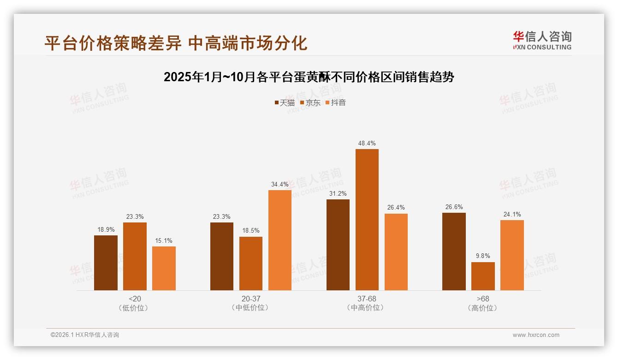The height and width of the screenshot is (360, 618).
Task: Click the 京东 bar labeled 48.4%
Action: (x=367, y=220)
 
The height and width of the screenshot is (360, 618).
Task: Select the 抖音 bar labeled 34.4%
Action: (x=280, y=240)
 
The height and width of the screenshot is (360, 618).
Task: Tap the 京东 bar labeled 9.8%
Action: (x=483, y=276)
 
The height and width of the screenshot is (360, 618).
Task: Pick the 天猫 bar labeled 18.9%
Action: (x=106, y=263)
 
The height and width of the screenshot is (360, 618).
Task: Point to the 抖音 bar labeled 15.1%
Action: (x=164, y=268)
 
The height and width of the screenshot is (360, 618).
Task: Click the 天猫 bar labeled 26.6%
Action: (x=454, y=252)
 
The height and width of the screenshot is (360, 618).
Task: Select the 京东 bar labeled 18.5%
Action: (x=251, y=264)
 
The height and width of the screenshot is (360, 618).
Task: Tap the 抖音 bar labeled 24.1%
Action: (x=512, y=255)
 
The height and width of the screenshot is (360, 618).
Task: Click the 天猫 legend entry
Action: (x=284, y=102)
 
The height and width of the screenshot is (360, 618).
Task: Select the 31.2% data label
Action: (x=338, y=193)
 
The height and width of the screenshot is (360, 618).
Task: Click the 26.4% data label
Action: (x=396, y=207)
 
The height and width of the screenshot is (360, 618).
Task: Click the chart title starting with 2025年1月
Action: (x=309, y=77)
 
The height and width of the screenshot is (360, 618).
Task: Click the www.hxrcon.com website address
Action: (x=536, y=335)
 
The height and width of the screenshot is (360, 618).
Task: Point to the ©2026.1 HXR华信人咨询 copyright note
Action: (x=85, y=335)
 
